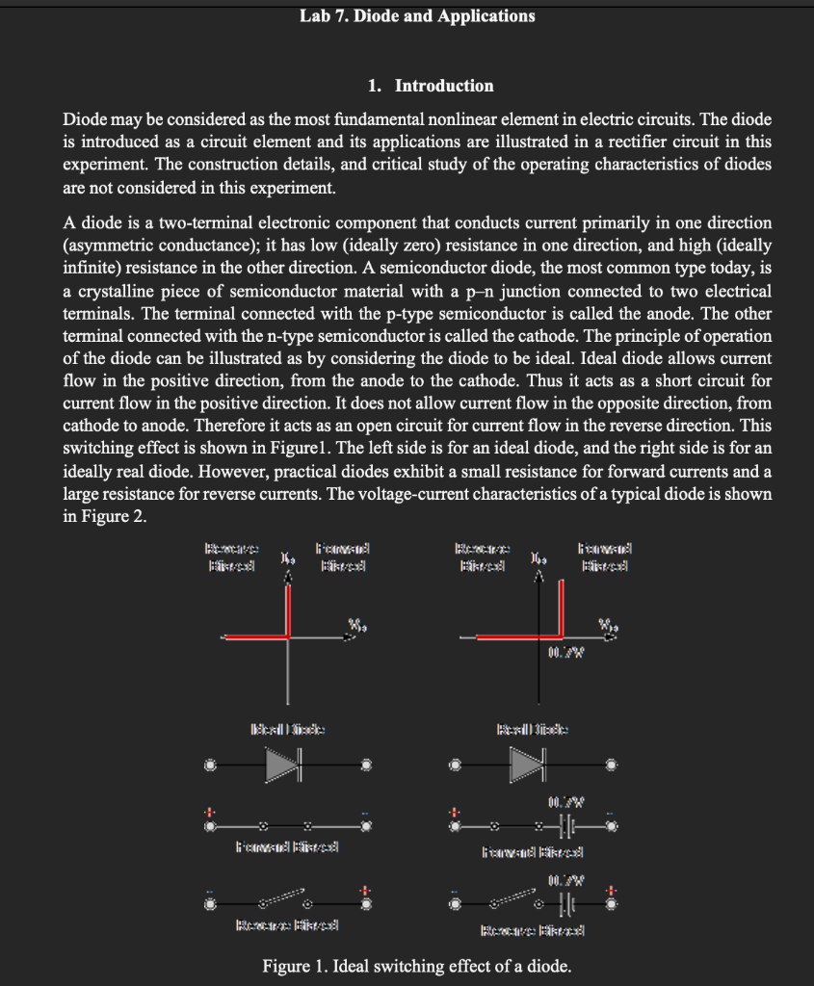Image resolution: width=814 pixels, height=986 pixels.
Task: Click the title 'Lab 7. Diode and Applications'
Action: point(416,16)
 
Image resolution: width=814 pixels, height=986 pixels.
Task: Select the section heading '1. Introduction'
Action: point(431,86)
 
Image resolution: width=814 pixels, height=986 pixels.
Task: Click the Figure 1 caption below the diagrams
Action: point(416,966)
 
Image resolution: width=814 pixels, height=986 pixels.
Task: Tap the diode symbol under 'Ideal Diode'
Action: point(285,765)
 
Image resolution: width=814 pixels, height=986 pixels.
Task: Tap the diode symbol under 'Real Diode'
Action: point(528,765)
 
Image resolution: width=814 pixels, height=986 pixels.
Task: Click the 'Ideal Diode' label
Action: point(287,729)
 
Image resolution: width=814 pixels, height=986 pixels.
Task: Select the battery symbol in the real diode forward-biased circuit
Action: point(567,825)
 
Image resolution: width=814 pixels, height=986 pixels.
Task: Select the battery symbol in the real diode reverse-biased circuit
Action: point(567,904)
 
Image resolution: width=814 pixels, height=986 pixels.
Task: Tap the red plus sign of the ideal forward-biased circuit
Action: point(208,809)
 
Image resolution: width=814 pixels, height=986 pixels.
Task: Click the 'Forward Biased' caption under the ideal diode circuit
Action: point(286,847)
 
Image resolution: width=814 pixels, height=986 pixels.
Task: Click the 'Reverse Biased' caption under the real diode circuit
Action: point(533,929)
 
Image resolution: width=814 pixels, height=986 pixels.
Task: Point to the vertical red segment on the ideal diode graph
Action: point(288,612)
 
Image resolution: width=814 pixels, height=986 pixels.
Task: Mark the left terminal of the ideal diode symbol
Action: point(209,766)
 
